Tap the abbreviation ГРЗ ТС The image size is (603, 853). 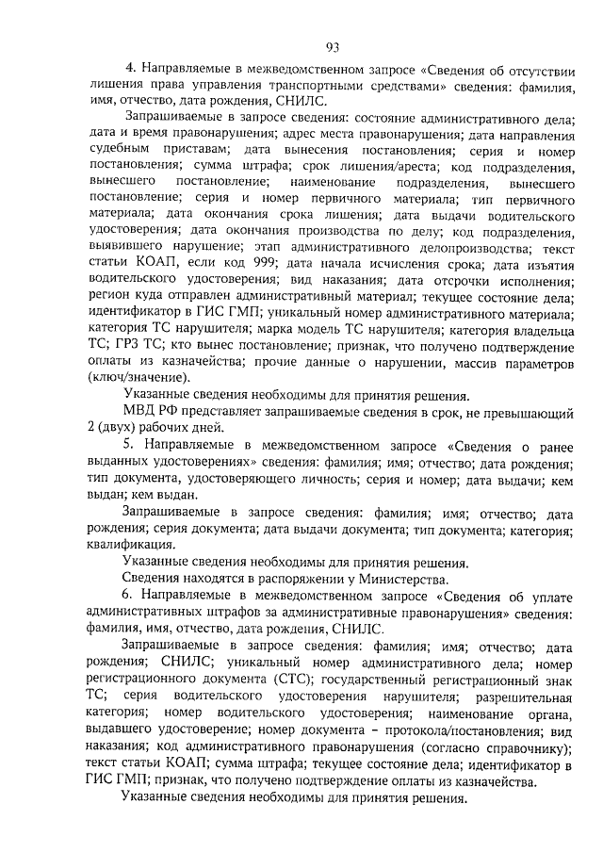click(x=139, y=345)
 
